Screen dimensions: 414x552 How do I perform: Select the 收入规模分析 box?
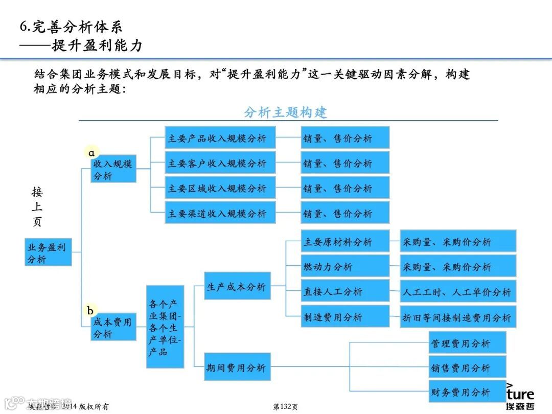(x=113, y=169)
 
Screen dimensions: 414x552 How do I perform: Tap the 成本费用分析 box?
(x=113, y=327)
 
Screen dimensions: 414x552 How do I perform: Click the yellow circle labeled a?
(x=91, y=152)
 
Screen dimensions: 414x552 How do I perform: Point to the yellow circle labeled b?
(x=90, y=310)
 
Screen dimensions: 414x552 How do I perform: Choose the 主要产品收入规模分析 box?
(x=220, y=137)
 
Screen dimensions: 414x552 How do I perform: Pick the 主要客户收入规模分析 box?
(x=220, y=163)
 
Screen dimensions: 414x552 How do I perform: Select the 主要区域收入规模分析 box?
(x=220, y=188)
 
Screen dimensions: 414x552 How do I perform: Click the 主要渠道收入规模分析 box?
(x=220, y=213)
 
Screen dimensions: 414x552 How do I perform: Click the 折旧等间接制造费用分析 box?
(x=457, y=317)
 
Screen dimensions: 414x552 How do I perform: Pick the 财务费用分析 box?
(x=467, y=392)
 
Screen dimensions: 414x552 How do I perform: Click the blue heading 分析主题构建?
(x=285, y=112)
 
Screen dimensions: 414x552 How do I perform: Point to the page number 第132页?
(x=286, y=406)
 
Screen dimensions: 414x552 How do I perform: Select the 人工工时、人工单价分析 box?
(x=457, y=291)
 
